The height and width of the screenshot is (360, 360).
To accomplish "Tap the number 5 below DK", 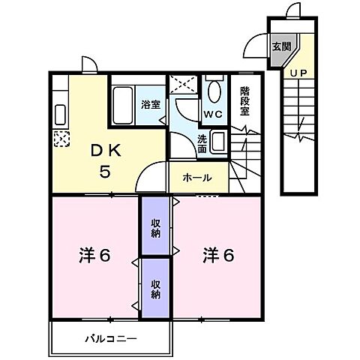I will pos(106,172).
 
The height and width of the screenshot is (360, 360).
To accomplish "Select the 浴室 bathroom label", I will pos(150,104).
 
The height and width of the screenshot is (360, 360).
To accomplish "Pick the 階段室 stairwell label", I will pos(245,102).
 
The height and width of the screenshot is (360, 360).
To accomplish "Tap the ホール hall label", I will pos(196,178).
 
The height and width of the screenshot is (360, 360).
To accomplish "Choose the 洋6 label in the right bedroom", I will pos(217,255).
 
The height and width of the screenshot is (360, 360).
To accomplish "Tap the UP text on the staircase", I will pos(298,73).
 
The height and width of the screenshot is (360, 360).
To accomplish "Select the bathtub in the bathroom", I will pos(122,103).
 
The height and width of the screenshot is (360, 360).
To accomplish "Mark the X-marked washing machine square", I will pos(181,85).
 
